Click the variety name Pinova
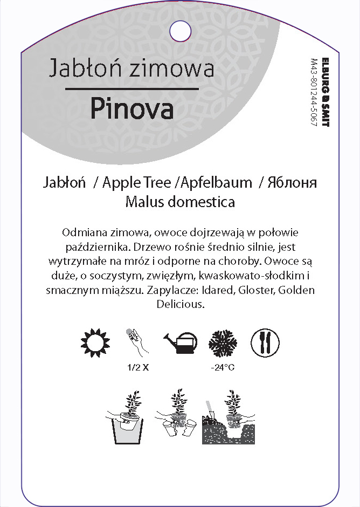131,108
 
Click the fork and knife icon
265,342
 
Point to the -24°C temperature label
223,368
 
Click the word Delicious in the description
179,304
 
